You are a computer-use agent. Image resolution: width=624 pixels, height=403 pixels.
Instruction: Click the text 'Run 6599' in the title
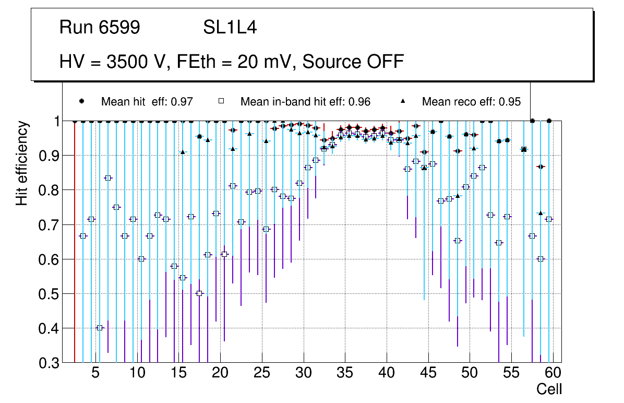pyautogui.click(x=100, y=28)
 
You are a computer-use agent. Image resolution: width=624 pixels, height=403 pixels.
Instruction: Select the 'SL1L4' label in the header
pyautogui.click(x=230, y=28)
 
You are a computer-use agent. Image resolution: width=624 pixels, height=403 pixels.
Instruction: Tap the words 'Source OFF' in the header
pyautogui.click(x=353, y=62)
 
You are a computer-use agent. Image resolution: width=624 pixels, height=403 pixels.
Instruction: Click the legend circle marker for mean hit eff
pyautogui.click(x=81, y=101)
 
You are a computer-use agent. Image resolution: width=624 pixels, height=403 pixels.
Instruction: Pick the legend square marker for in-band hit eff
pyautogui.click(x=221, y=101)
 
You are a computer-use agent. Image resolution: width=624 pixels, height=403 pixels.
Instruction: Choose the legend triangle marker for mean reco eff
pyautogui.click(x=405, y=101)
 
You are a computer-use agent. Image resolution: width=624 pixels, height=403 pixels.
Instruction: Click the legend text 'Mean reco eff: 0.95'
pyautogui.click(x=471, y=102)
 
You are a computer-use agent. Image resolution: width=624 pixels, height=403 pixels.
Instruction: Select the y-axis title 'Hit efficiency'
pyautogui.click(x=22, y=163)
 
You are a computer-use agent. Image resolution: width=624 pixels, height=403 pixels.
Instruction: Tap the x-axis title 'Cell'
pyautogui.click(x=549, y=389)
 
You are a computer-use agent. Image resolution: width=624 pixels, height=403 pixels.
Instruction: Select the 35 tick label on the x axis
pyautogui.click(x=344, y=373)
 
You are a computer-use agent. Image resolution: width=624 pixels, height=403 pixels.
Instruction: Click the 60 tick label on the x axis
pyautogui.click(x=553, y=373)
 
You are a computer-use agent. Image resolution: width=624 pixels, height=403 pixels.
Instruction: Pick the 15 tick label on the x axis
pyautogui.click(x=178, y=373)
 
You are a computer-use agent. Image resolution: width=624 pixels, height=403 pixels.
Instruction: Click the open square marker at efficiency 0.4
pyautogui.click(x=100, y=328)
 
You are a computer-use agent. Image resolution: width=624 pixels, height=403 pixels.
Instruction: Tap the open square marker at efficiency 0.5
pyautogui.click(x=199, y=293)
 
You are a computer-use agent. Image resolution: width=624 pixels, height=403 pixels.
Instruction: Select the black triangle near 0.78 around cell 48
pyautogui.click(x=458, y=196)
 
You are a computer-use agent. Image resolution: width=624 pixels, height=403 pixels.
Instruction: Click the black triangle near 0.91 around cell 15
pyautogui.click(x=183, y=152)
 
